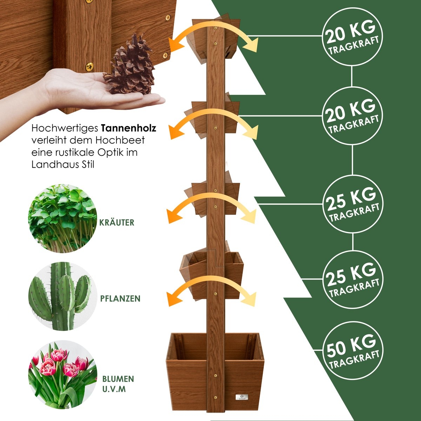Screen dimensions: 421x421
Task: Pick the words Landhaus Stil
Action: [63, 165]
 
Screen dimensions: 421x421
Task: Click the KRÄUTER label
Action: [117, 222]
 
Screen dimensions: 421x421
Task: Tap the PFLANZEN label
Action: [120, 299]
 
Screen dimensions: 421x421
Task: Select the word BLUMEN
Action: [118, 379]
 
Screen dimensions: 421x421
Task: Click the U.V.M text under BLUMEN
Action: [114, 389]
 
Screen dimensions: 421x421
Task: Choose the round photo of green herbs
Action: [62, 219]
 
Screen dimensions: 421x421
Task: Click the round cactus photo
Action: [62, 296]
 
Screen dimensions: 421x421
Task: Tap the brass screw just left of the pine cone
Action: [90, 66]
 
